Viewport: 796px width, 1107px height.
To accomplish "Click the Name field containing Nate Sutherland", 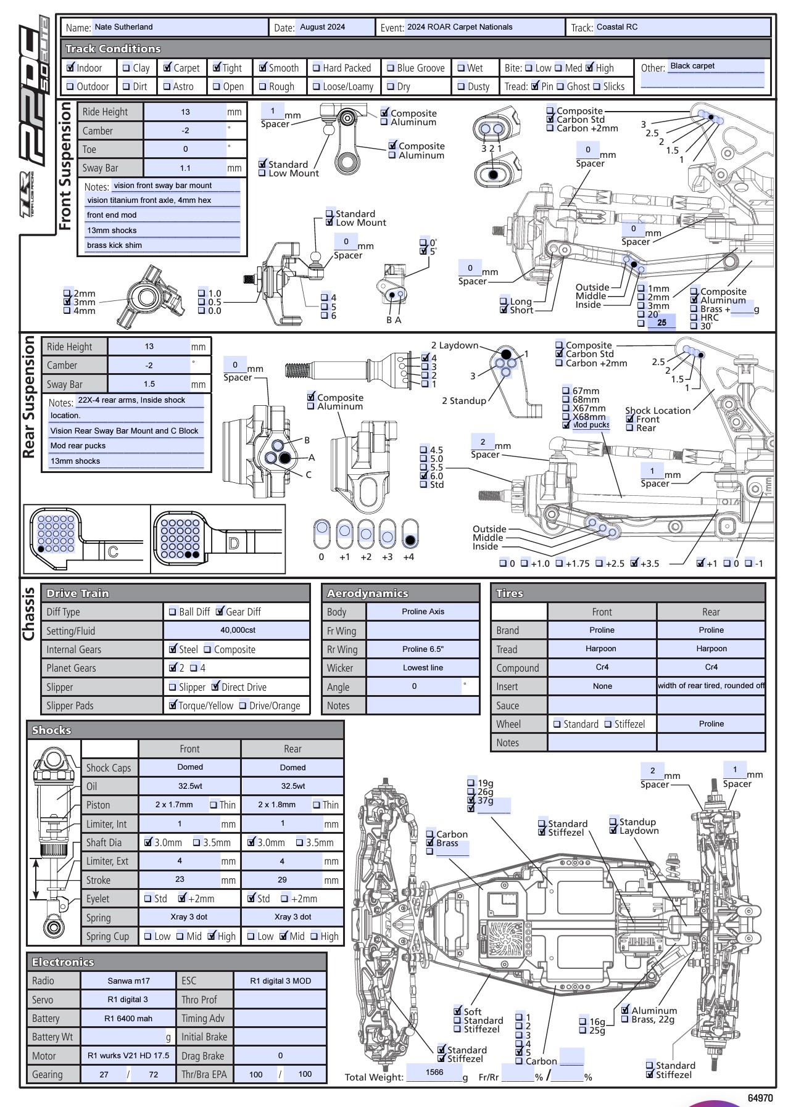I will point(179,27).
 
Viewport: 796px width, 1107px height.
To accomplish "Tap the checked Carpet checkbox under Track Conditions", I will point(167,68).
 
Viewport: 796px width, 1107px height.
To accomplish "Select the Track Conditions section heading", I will point(113,49).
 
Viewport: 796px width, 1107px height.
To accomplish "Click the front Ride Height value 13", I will point(185,112).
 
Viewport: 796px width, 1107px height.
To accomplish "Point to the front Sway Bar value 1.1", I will point(185,168).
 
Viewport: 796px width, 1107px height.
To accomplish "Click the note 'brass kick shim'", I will point(115,245).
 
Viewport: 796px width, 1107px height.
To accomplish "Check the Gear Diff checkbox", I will point(220,612).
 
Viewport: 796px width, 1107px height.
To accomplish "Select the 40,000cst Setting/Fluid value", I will point(238,630).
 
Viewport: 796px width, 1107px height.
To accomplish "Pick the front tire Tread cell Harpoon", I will point(601,649).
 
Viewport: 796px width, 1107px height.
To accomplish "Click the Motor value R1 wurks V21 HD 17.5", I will point(128,1055).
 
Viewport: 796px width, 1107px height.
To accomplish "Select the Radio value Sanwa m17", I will point(128,981).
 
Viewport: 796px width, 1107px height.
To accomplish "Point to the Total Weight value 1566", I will point(434,1072).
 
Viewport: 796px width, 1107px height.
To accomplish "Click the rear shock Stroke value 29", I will point(283,879).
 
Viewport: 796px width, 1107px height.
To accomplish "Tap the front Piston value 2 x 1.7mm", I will point(174,805).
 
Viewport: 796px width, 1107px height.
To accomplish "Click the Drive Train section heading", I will point(78,593).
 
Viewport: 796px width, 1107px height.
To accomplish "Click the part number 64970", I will point(760,1098).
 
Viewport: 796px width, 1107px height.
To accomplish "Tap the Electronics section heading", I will point(63,962).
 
